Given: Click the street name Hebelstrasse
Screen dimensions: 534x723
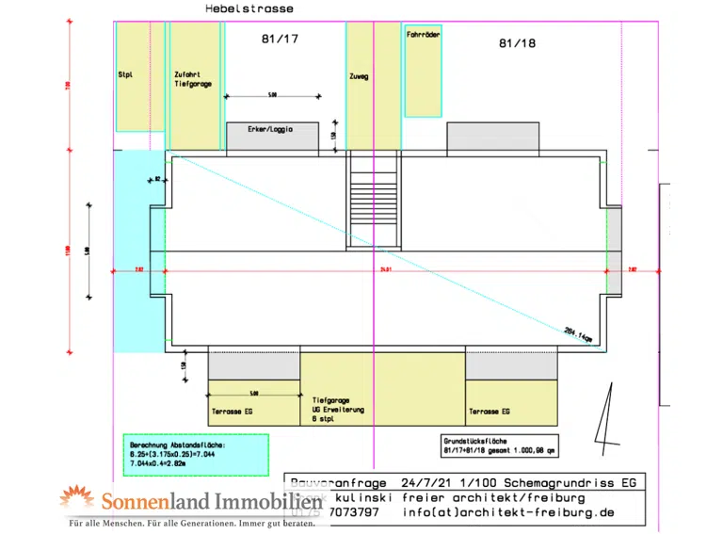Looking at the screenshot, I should pos(249,8).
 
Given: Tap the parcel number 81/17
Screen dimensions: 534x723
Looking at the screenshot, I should pos(280,40).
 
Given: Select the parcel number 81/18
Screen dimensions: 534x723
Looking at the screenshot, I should pos(517,43).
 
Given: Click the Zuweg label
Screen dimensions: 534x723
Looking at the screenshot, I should pos(359,76).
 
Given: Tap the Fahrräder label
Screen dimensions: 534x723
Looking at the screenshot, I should pos(423,34).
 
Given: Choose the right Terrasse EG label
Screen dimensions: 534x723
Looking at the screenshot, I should pos(489,412).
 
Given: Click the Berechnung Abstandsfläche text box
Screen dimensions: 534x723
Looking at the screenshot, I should pos(196,455).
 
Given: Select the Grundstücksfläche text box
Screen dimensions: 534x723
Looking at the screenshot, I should pos(498,445).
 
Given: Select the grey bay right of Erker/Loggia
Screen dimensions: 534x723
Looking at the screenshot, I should pos(492,138).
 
